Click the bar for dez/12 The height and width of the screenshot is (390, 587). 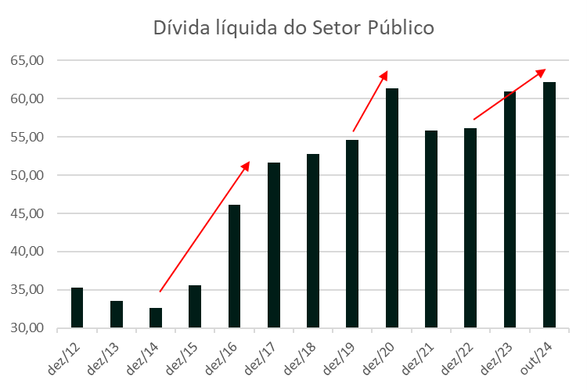(x=77, y=308)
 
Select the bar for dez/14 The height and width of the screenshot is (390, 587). (x=156, y=318)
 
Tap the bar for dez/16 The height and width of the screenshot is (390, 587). (x=234, y=267)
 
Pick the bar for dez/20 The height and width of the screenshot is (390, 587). (x=391, y=208)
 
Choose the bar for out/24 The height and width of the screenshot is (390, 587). (x=549, y=205)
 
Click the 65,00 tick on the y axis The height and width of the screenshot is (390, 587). (x=28, y=60)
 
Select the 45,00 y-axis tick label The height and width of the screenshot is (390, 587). (x=28, y=213)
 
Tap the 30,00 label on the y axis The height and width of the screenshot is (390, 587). (x=28, y=328)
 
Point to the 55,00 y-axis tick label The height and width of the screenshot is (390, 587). (x=28, y=137)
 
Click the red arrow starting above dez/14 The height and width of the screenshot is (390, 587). (x=204, y=227)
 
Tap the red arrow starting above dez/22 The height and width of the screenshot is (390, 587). (x=510, y=95)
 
